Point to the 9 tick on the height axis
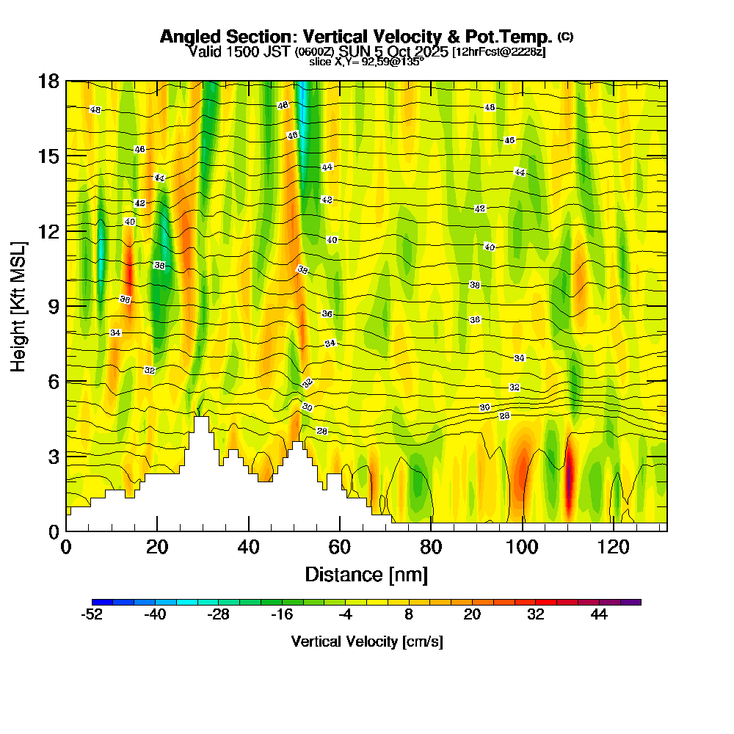coord(66,305)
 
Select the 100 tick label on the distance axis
coord(523,547)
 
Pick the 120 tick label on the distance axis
coord(614,547)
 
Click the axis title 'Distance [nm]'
coord(366,574)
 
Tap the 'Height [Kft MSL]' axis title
coord(18,305)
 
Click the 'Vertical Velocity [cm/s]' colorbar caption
coord(366,642)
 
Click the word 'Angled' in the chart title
coord(186,37)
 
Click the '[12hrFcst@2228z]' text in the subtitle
coord(499,52)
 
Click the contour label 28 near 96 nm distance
coord(504,416)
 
